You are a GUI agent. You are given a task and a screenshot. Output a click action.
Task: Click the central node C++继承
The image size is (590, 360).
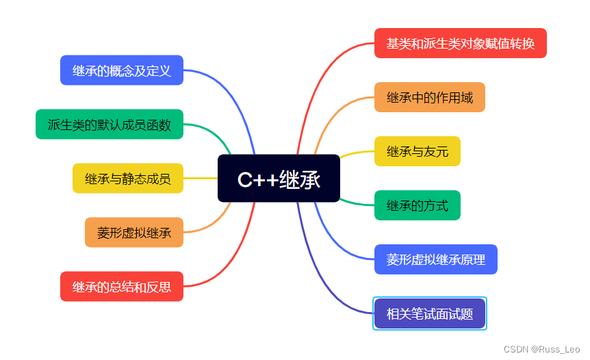pyautogui.click(x=279, y=179)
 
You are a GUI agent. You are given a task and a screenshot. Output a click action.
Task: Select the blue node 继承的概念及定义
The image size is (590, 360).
pyautogui.click(x=121, y=70)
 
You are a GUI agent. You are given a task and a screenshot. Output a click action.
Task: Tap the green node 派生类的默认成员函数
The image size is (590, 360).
pyautogui.click(x=110, y=125)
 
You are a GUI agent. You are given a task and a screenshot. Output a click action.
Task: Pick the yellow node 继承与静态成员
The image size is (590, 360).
pyautogui.click(x=128, y=179)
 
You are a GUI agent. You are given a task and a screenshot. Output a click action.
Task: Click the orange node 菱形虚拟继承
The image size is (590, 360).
pyautogui.click(x=134, y=233)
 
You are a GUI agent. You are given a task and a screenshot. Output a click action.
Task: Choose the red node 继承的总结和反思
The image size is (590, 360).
pyautogui.click(x=121, y=287)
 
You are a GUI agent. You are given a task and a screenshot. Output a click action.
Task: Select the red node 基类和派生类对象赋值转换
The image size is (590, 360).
pyautogui.click(x=460, y=43)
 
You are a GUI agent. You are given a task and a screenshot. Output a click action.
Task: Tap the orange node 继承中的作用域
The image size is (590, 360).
pyautogui.click(x=429, y=97)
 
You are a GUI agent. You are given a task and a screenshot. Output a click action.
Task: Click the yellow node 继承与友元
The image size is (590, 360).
pyautogui.click(x=417, y=151)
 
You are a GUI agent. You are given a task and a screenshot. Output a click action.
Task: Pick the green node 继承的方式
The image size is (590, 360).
pyautogui.click(x=417, y=205)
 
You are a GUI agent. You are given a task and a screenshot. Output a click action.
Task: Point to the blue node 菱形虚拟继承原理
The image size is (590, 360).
pyautogui.click(x=435, y=259)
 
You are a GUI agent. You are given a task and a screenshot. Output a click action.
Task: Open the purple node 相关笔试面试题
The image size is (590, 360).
pyautogui.click(x=429, y=313)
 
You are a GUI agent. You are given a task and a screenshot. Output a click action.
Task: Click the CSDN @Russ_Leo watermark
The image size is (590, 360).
pyautogui.click(x=541, y=349)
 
